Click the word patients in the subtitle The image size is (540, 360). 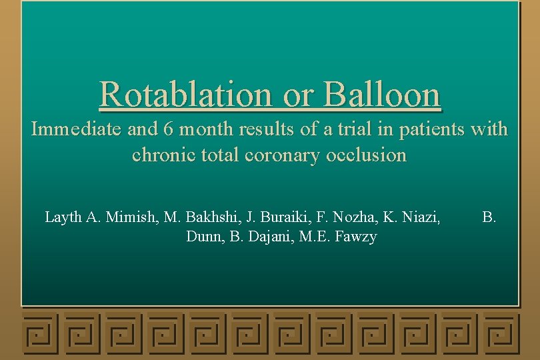click(x=424, y=129)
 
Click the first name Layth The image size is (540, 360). click(x=63, y=217)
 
